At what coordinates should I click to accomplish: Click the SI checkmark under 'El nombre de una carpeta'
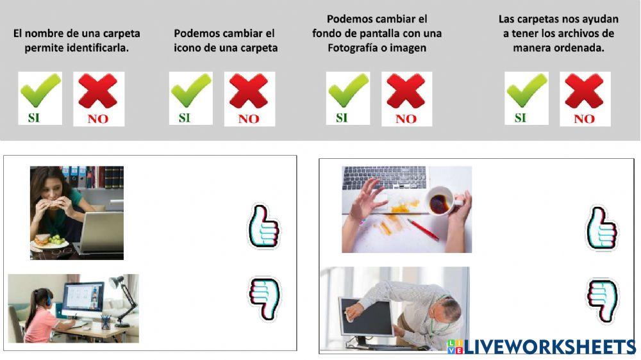(40, 97)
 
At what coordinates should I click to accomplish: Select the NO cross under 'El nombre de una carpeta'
(98, 98)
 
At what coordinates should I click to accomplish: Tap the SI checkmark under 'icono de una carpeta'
(190, 97)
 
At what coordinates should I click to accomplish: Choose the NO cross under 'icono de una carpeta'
(249, 98)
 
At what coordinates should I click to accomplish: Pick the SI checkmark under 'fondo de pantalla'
(348, 97)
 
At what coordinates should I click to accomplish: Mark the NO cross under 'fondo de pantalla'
(406, 98)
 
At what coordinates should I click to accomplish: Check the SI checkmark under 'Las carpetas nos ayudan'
(526, 97)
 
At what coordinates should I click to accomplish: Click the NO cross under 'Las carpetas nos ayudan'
(585, 98)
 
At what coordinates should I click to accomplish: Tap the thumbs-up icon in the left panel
(263, 226)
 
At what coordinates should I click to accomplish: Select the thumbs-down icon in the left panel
(264, 299)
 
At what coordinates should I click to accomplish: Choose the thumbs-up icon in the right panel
(601, 229)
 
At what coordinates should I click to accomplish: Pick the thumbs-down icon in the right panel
(602, 300)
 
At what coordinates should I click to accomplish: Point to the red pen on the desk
(422, 229)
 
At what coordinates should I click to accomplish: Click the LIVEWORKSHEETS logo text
(549, 347)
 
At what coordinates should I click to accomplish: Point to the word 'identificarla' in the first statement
(97, 47)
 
